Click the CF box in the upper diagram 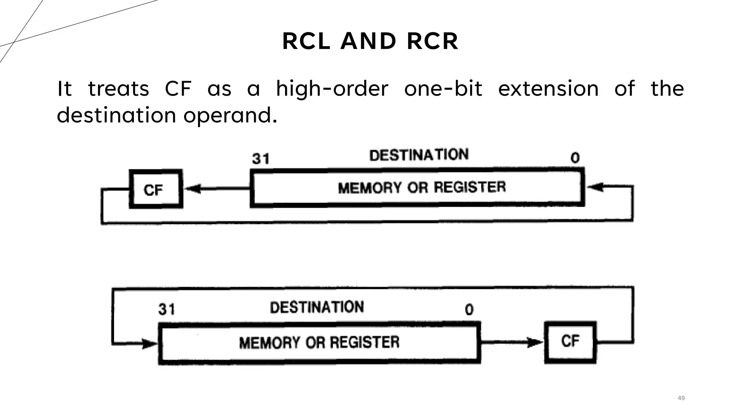point(156,189)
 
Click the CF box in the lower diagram point(570,342)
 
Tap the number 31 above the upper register point(261,159)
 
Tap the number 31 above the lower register point(166,309)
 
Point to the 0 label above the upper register point(575,158)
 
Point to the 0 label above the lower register point(469,309)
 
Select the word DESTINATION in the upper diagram point(419,155)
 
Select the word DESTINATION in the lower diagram point(317,307)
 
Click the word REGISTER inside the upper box point(470,187)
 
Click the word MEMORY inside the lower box point(270,342)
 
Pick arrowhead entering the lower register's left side point(150,343)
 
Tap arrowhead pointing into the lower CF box point(535,342)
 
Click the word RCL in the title point(306,41)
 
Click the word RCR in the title point(433,41)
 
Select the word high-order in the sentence point(332,89)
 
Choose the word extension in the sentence point(548,89)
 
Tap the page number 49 point(681,398)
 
